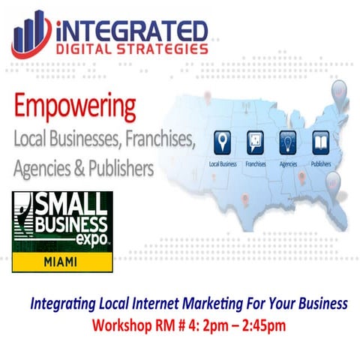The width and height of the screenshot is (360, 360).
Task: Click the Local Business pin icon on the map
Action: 223,142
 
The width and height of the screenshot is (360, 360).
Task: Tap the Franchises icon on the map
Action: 256,142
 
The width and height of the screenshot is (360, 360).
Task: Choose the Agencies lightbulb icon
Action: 289,142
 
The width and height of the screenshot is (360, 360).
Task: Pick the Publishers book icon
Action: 320,142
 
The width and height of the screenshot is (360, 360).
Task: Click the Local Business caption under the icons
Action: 223,161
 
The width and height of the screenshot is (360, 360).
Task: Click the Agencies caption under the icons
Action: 288,161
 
